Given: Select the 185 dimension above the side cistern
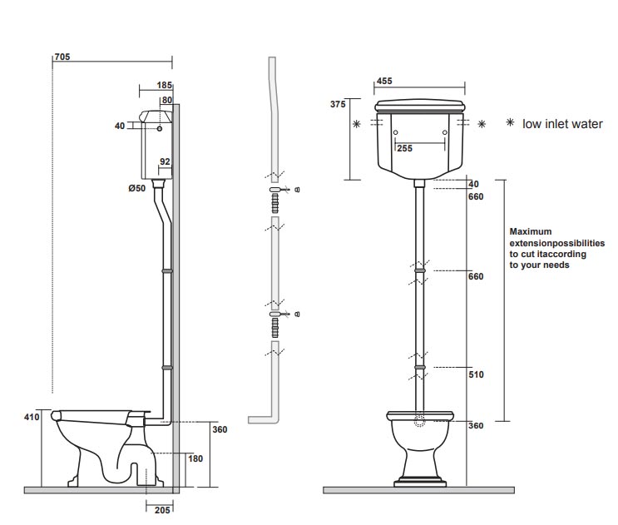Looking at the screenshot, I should [x=164, y=86].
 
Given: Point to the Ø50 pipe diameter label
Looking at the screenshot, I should [x=137, y=189].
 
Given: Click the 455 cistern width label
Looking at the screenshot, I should [x=384, y=82].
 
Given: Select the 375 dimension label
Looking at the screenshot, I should [x=337, y=104].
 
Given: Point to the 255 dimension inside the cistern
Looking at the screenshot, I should [x=404, y=148].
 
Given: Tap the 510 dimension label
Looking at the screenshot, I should [x=475, y=374].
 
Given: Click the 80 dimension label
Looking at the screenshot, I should [x=166, y=100].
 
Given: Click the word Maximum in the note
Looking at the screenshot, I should [x=530, y=232].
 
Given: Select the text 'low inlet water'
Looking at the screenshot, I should [x=562, y=124].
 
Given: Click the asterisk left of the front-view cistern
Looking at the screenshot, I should [x=357, y=124].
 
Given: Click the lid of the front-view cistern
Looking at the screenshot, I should [x=419, y=105].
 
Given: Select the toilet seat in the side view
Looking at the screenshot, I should [x=96, y=413].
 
